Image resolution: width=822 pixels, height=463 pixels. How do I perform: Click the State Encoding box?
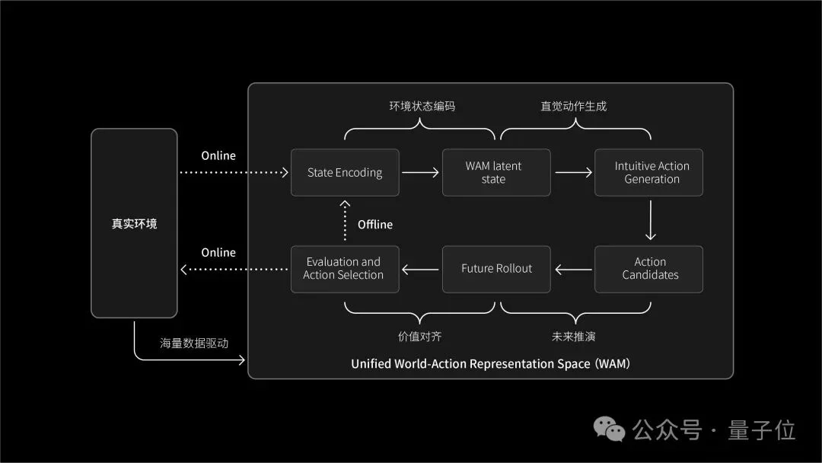pos(345,173)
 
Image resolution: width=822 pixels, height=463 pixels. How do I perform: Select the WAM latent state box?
pos(496,173)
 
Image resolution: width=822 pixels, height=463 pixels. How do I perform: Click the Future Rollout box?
pos(496,269)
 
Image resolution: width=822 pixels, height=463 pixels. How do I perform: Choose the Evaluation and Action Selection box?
pos(345,269)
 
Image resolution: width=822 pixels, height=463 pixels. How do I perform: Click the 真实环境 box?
pos(134,224)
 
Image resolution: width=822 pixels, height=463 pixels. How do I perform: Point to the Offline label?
pos(375,225)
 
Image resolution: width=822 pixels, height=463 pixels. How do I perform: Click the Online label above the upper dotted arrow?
pos(218,156)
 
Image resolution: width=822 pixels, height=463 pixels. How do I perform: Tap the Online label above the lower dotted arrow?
pos(218,253)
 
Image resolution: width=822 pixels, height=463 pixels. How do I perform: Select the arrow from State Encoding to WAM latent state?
pos(420,173)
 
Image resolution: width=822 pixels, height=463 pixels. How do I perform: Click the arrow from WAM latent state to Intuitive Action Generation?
pos(573,173)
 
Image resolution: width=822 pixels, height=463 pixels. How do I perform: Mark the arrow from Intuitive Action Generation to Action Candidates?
pos(649,221)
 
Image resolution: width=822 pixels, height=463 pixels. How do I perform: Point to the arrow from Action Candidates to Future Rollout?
pos(573,269)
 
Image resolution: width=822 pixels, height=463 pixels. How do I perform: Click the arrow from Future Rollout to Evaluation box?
pos(420,269)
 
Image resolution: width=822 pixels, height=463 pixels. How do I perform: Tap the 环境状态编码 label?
pos(422,107)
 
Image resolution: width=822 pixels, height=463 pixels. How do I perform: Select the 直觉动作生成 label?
pos(574,107)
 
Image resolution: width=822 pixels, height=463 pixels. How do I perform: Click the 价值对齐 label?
pos(419,336)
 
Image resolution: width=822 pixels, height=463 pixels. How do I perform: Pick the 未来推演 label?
pos(574,336)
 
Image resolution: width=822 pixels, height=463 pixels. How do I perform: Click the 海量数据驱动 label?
pos(194,343)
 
